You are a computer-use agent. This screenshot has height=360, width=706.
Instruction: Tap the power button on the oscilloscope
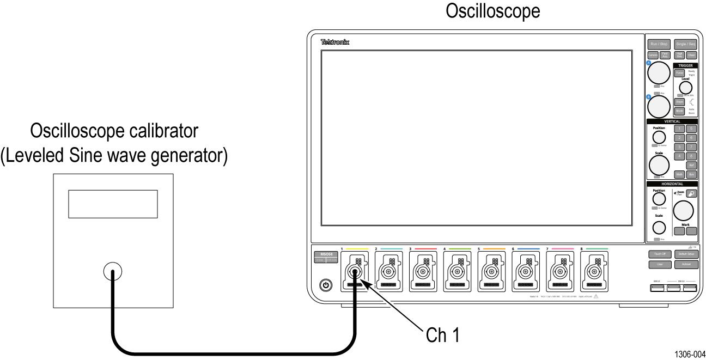[x=326, y=284]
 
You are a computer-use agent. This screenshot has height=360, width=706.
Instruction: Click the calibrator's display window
[x=113, y=204]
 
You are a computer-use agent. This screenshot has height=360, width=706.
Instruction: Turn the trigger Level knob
[x=685, y=88]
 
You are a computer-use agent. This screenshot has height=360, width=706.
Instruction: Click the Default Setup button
[x=685, y=254]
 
